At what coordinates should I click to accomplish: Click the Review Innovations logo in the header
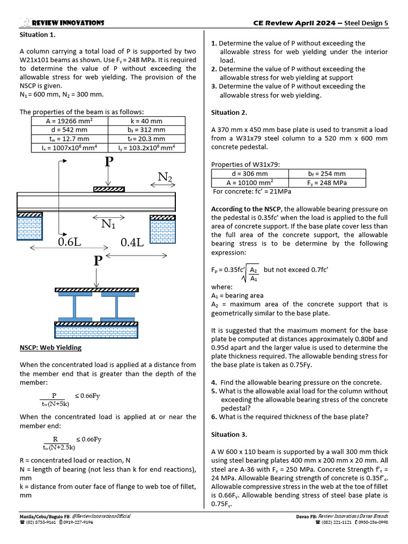click(x=25, y=22)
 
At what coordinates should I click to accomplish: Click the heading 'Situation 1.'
click(x=38, y=35)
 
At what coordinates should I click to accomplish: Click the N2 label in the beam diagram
click(x=165, y=177)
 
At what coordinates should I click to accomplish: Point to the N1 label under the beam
click(x=108, y=225)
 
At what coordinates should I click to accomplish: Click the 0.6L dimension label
click(x=70, y=243)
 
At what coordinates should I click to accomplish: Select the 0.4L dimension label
click(x=132, y=243)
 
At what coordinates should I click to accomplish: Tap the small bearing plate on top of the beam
click(x=108, y=189)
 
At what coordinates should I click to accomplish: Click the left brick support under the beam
click(x=30, y=227)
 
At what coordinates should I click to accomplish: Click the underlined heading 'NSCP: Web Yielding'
click(x=50, y=347)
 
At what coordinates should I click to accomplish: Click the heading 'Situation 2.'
click(x=229, y=112)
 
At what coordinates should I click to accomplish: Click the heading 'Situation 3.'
click(x=229, y=434)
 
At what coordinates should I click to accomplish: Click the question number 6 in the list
click(x=213, y=416)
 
